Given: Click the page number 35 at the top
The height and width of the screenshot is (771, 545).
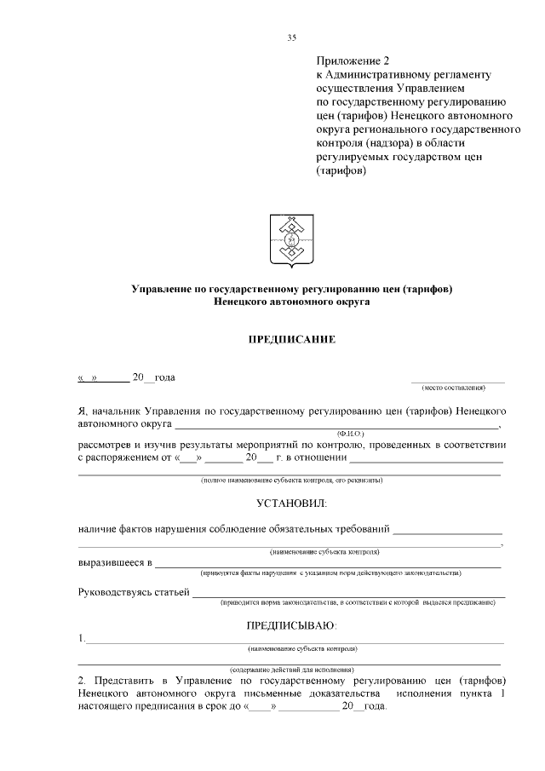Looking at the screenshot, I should point(291,37).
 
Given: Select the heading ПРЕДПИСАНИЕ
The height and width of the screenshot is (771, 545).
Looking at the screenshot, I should point(291,340).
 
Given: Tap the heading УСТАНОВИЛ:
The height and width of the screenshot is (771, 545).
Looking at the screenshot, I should point(291,503).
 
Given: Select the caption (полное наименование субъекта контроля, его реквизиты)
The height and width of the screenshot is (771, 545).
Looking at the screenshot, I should point(291,480).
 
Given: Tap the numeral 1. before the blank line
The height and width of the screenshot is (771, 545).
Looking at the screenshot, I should point(81,638).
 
